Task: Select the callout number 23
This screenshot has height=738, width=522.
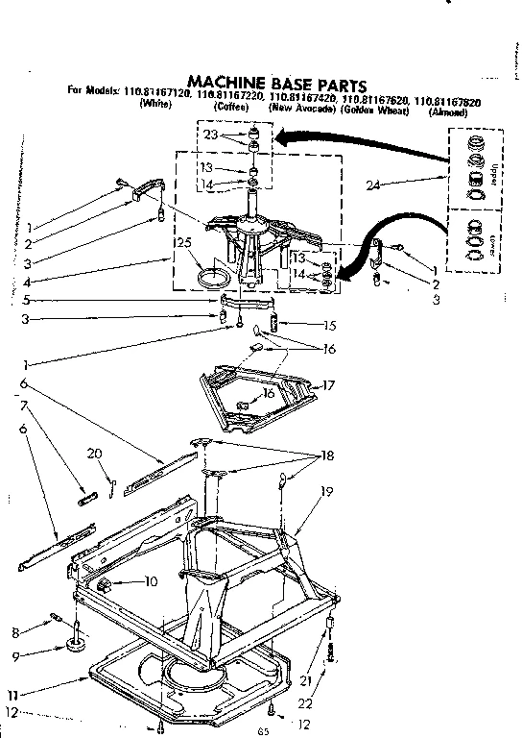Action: pyautogui.click(x=211, y=135)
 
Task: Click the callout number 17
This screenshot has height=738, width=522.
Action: pyautogui.click(x=328, y=385)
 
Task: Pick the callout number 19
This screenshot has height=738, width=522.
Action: pyautogui.click(x=326, y=492)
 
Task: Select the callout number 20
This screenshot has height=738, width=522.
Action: pyautogui.click(x=93, y=454)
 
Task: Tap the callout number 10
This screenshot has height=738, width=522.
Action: pyautogui.click(x=151, y=580)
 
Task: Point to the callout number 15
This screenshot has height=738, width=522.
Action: pyautogui.click(x=330, y=325)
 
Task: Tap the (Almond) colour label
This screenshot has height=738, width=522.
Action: pyautogui.click(x=449, y=111)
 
